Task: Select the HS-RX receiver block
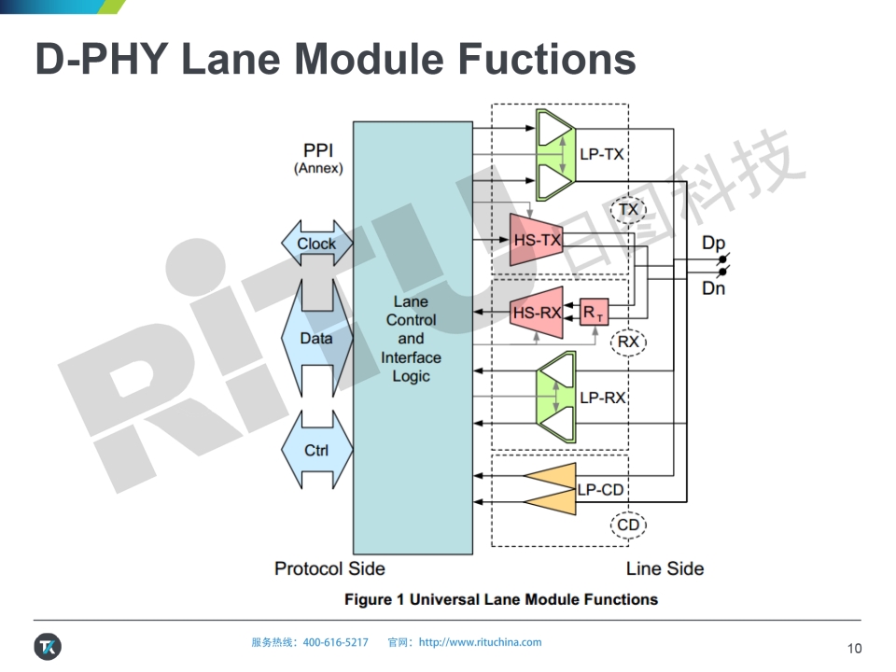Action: pos(536,313)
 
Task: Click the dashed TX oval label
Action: pos(629,209)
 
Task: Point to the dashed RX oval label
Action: pos(629,343)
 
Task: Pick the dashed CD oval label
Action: pos(629,525)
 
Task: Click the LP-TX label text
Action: pos(601,154)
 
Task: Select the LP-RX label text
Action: pos(602,398)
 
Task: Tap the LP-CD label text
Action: pos(600,489)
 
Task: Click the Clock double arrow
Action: pos(316,244)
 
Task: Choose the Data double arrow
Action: pos(316,339)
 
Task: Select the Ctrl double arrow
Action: pos(316,451)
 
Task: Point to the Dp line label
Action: pos(713,244)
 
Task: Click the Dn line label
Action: pos(713,288)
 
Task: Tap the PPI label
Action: pos(318,150)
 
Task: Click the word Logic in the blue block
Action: pos(411,376)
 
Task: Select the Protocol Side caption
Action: pos(329,568)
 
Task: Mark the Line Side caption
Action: pos(665,568)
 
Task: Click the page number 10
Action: pos(854,649)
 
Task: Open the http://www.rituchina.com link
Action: pos(480,642)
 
